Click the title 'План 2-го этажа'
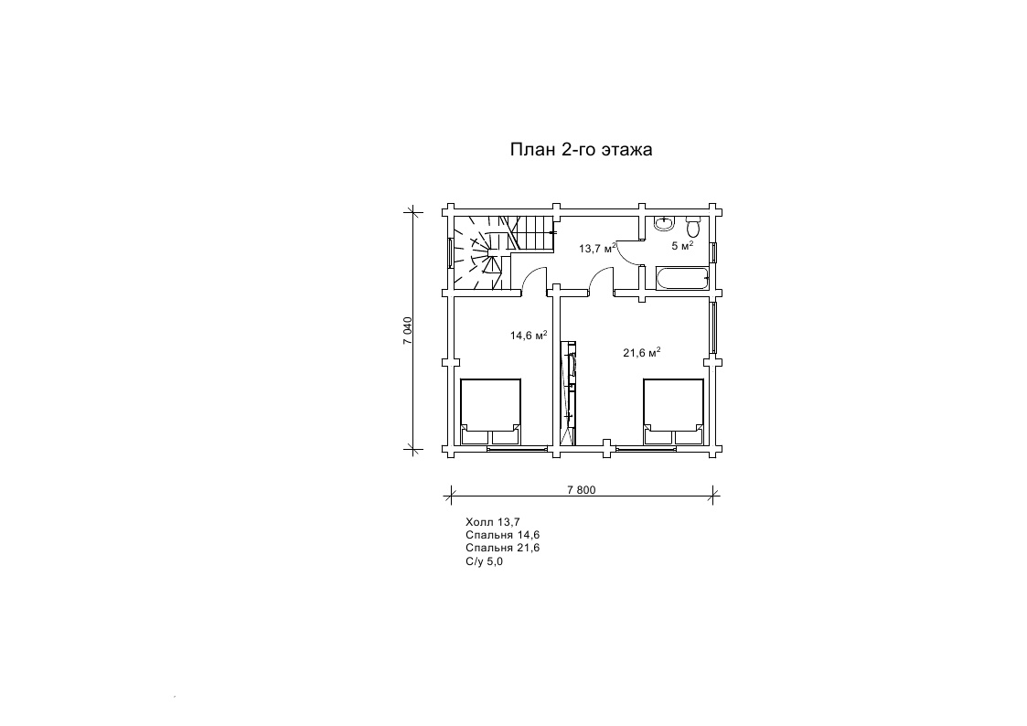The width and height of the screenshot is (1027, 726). [x=581, y=150]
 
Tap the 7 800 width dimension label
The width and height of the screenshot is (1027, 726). [x=582, y=490]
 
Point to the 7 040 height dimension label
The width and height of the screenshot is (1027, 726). [x=407, y=331]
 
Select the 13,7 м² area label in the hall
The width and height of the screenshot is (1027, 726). [x=597, y=248]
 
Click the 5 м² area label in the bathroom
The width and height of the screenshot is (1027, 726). [x=682, y=245]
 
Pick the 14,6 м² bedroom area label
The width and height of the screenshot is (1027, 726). [x=529, y=336]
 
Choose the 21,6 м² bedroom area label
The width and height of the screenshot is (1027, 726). [x=641, y=353]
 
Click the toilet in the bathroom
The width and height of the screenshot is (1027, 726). [x=693, y=227]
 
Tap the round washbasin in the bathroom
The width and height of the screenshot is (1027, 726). [x=664, y=223]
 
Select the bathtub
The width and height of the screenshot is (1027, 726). [x=682, y=278]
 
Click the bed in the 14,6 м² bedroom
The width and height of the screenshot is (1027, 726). [x=490, y=411]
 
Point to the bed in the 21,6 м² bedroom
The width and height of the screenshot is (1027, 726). [x=673, y=411]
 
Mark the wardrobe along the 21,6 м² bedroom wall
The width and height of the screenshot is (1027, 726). [x=568, y=393]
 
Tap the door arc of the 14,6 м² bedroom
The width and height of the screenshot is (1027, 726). [x=533, y=278]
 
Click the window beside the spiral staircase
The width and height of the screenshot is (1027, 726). [x=451, y=252]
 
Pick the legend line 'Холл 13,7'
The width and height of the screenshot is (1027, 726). [x=493, y=522]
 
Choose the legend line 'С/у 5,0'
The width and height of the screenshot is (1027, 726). [x=484, y=561]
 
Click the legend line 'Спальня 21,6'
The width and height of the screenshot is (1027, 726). [x=502, y=548]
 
